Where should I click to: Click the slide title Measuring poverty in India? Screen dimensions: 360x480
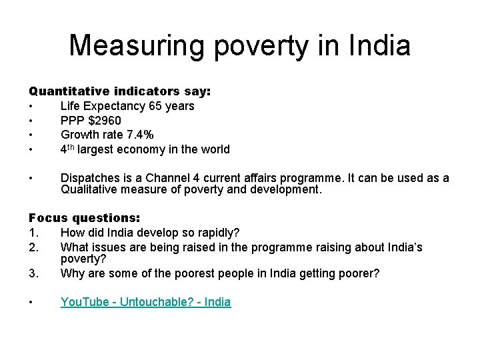pos(240,45)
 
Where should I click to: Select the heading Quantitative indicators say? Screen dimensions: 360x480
pos(119,91)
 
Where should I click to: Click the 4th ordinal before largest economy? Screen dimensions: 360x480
pos(67,149)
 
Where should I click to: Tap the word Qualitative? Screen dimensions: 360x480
pos(88,190)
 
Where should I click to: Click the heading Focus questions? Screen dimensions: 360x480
pos(84,218)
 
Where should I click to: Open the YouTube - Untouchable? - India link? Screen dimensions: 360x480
pos(145,302)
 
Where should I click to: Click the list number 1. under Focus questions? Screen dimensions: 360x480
pos(34,233)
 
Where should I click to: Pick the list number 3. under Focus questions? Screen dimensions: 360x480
pos(34,273)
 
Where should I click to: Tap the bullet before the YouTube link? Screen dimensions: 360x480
pos(31,302)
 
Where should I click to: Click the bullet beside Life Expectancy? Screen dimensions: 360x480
pos(31,106)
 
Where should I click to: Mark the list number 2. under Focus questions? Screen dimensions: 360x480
pos(34,247)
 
